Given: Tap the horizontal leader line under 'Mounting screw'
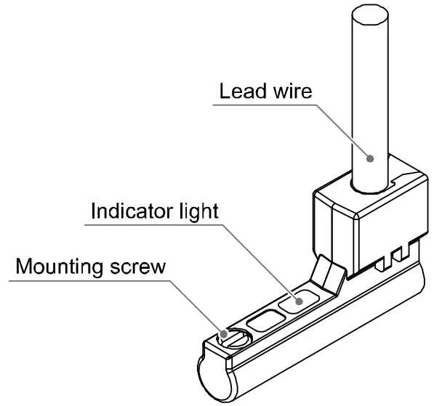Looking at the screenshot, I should tap(95, 279).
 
